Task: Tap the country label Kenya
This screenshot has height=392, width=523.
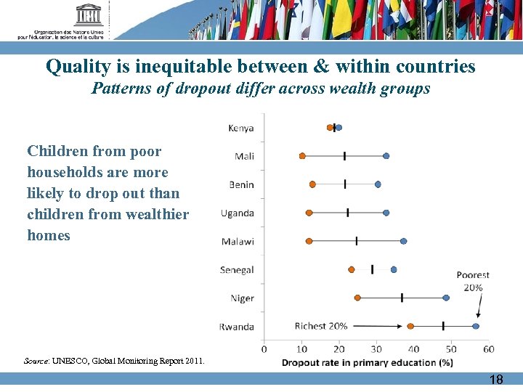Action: click(241, 128)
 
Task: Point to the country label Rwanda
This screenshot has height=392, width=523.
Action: click(237, 327)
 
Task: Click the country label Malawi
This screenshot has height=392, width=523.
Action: click(238, 242)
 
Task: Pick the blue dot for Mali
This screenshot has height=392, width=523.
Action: click(386, 156)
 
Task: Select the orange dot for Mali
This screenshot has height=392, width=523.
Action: click(302, 156)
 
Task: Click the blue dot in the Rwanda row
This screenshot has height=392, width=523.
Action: click(476, 327)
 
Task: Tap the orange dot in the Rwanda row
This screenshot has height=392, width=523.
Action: click(410, 327)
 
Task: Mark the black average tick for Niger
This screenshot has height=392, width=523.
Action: click(402, 298)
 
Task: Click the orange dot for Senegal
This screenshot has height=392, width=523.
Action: click(352, 269)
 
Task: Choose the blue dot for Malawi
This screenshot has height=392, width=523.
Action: click(404, 241)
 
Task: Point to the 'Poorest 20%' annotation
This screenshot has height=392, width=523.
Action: click(473, 281)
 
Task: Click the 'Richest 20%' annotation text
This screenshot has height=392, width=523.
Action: click(321, 326)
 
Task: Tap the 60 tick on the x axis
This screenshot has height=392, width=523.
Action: click(488, 349)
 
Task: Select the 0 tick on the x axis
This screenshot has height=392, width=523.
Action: click(264, 349)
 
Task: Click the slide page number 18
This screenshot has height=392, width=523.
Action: click(496, 379)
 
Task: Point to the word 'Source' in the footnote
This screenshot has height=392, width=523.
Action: click(36, 361)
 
